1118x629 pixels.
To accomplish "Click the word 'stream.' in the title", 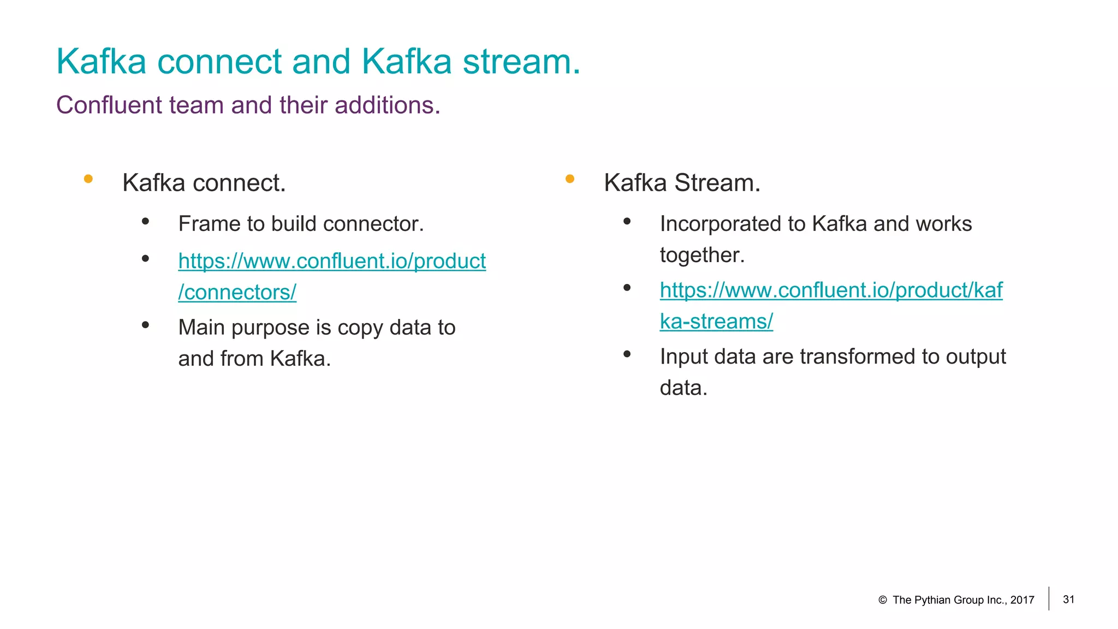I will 521,61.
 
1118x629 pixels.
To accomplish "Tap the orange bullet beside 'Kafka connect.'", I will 88,179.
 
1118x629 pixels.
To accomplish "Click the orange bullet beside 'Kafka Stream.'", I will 570,179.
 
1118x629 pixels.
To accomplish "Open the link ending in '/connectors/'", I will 237,293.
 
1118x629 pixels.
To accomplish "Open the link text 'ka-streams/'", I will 716,322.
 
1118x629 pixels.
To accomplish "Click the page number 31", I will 1069,600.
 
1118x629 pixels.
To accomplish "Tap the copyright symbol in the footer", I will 883,600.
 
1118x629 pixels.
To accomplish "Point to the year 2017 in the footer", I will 1022,600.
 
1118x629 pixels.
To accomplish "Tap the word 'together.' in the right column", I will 702,255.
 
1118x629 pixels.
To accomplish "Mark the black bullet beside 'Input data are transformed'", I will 627,354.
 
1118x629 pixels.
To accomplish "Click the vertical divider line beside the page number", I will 1049,598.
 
